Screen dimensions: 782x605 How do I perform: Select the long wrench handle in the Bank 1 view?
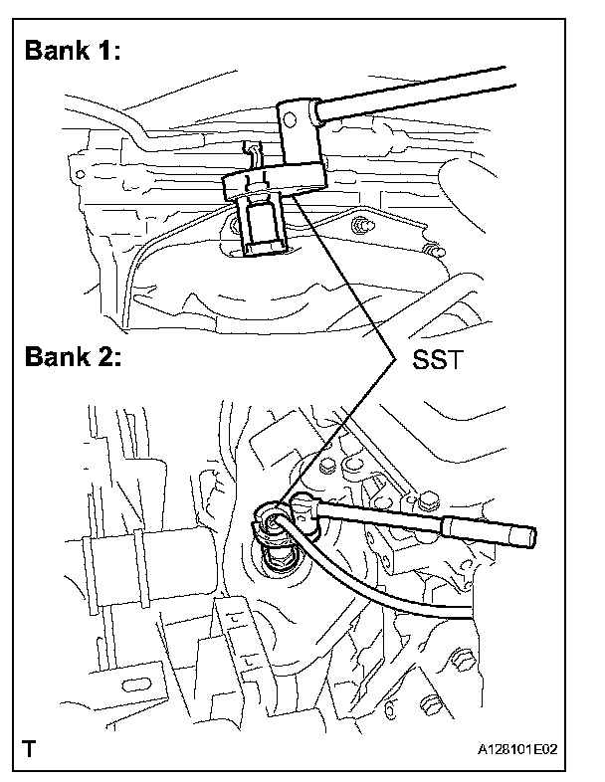418,87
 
